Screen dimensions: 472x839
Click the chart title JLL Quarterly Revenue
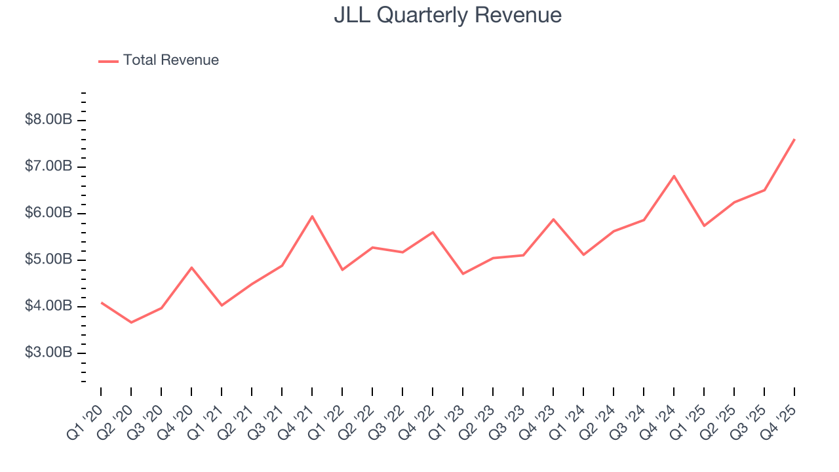pyautogui.click(x=448, y=15)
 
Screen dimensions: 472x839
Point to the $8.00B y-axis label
pyautogui.click(x=49, y=121)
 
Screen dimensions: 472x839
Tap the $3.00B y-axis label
pyautogui.click(x=49, y=353)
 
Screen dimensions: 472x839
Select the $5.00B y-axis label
pyautogui.click(x=49, y=260)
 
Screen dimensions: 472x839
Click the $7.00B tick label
pyautogui.click(x=49, y=167)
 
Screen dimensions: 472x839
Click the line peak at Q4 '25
pyautogui.click(x=794, y=139)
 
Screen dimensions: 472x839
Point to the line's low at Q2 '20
pyautogui.click(x=131, y=323)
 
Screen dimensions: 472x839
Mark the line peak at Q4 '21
pyautogui.click(x=312, y=216)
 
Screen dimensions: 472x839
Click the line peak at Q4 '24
pyautogui.click(x=674, y=176)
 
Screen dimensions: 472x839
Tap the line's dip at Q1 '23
pyautogui.click(x=463, y=273)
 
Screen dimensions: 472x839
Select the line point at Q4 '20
pyautogui.click(x=191, y=267)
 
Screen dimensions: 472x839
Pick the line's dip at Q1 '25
pyautogui.click(x=704, y=226)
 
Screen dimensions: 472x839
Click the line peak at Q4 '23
pyautogui.click(x=553, y=219)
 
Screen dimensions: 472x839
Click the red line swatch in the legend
pyautogui.click(x=108, y=61)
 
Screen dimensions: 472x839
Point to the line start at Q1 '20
pyautogui.click(x=102, y=303)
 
